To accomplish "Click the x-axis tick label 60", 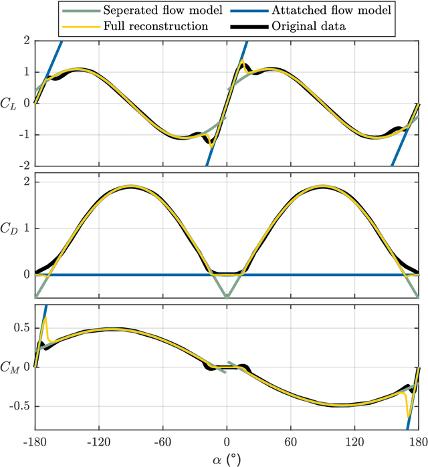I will coord(291,442).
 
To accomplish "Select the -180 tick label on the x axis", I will coord(34,442).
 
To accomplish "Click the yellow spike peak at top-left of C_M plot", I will coord(45,319).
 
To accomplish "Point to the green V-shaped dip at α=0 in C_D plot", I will coord(227,297).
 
